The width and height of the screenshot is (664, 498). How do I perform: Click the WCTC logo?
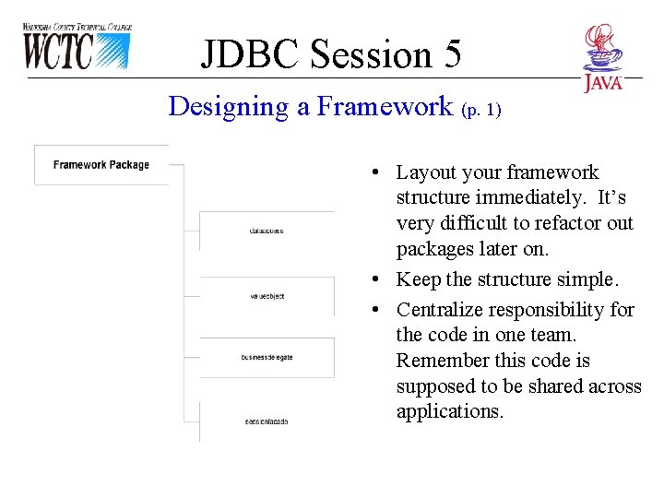[77, 47]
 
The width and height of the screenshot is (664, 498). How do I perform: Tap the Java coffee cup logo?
[603, 57]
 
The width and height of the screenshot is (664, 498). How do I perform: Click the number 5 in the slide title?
[451, 54]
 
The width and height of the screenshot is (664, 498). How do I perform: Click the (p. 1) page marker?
[480, 110]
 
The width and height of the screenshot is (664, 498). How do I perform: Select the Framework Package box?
[101, 165]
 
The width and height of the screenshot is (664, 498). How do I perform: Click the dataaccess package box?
[267, 231]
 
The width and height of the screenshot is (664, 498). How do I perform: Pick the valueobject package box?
[267, 296]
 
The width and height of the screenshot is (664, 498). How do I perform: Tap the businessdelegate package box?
[267, 357]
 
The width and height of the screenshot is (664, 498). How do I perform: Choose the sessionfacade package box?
[267, 421]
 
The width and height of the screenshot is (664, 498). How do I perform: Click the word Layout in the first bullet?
[424, 172]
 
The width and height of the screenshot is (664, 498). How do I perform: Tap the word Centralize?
[440, 310]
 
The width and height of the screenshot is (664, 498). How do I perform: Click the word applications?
[449, 411]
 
